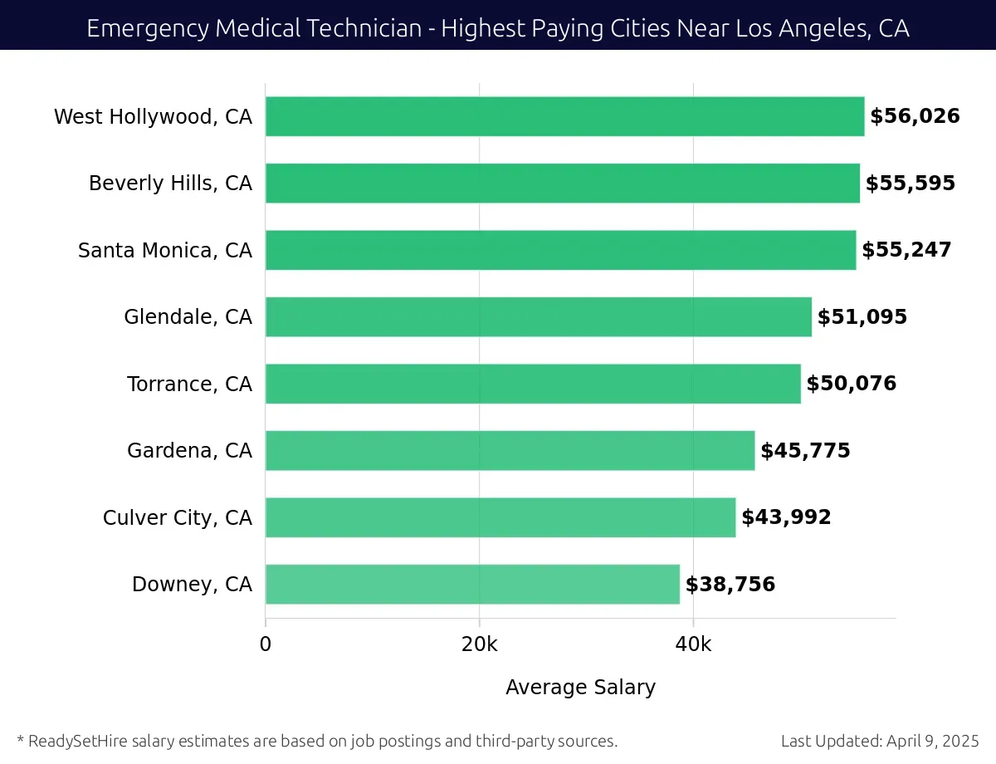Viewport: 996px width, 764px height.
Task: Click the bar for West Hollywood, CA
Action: tap(564, 116)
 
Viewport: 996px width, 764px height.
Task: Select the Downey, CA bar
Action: tap(472, 584)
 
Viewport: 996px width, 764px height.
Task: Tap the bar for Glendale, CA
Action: tap(538, 316)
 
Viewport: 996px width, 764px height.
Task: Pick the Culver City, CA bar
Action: tap(500, 517)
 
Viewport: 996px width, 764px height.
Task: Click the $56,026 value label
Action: tap(915, 116)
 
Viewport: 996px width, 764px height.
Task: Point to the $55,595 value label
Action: tap(911, 184)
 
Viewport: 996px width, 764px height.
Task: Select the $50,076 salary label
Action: tap(852, 384)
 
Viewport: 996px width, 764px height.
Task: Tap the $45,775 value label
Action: tap(805, 451)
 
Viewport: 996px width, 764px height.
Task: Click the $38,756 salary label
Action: tap(730, 585)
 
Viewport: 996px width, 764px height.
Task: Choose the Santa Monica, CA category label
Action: tap(164, 250)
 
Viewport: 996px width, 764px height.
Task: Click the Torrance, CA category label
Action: tap(189, 384)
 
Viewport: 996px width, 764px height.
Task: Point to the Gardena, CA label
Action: tap(189, 451)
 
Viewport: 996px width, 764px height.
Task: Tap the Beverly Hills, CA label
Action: tap(170, 184)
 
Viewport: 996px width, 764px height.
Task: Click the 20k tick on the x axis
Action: tap(479, 644)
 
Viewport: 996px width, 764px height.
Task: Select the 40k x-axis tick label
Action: tap(693, 644)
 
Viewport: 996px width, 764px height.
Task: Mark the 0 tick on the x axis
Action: tap(266, 644)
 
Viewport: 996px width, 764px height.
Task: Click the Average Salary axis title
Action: tap(580, 688)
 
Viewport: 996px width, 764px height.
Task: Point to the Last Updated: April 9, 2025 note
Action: tap(880, 741)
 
